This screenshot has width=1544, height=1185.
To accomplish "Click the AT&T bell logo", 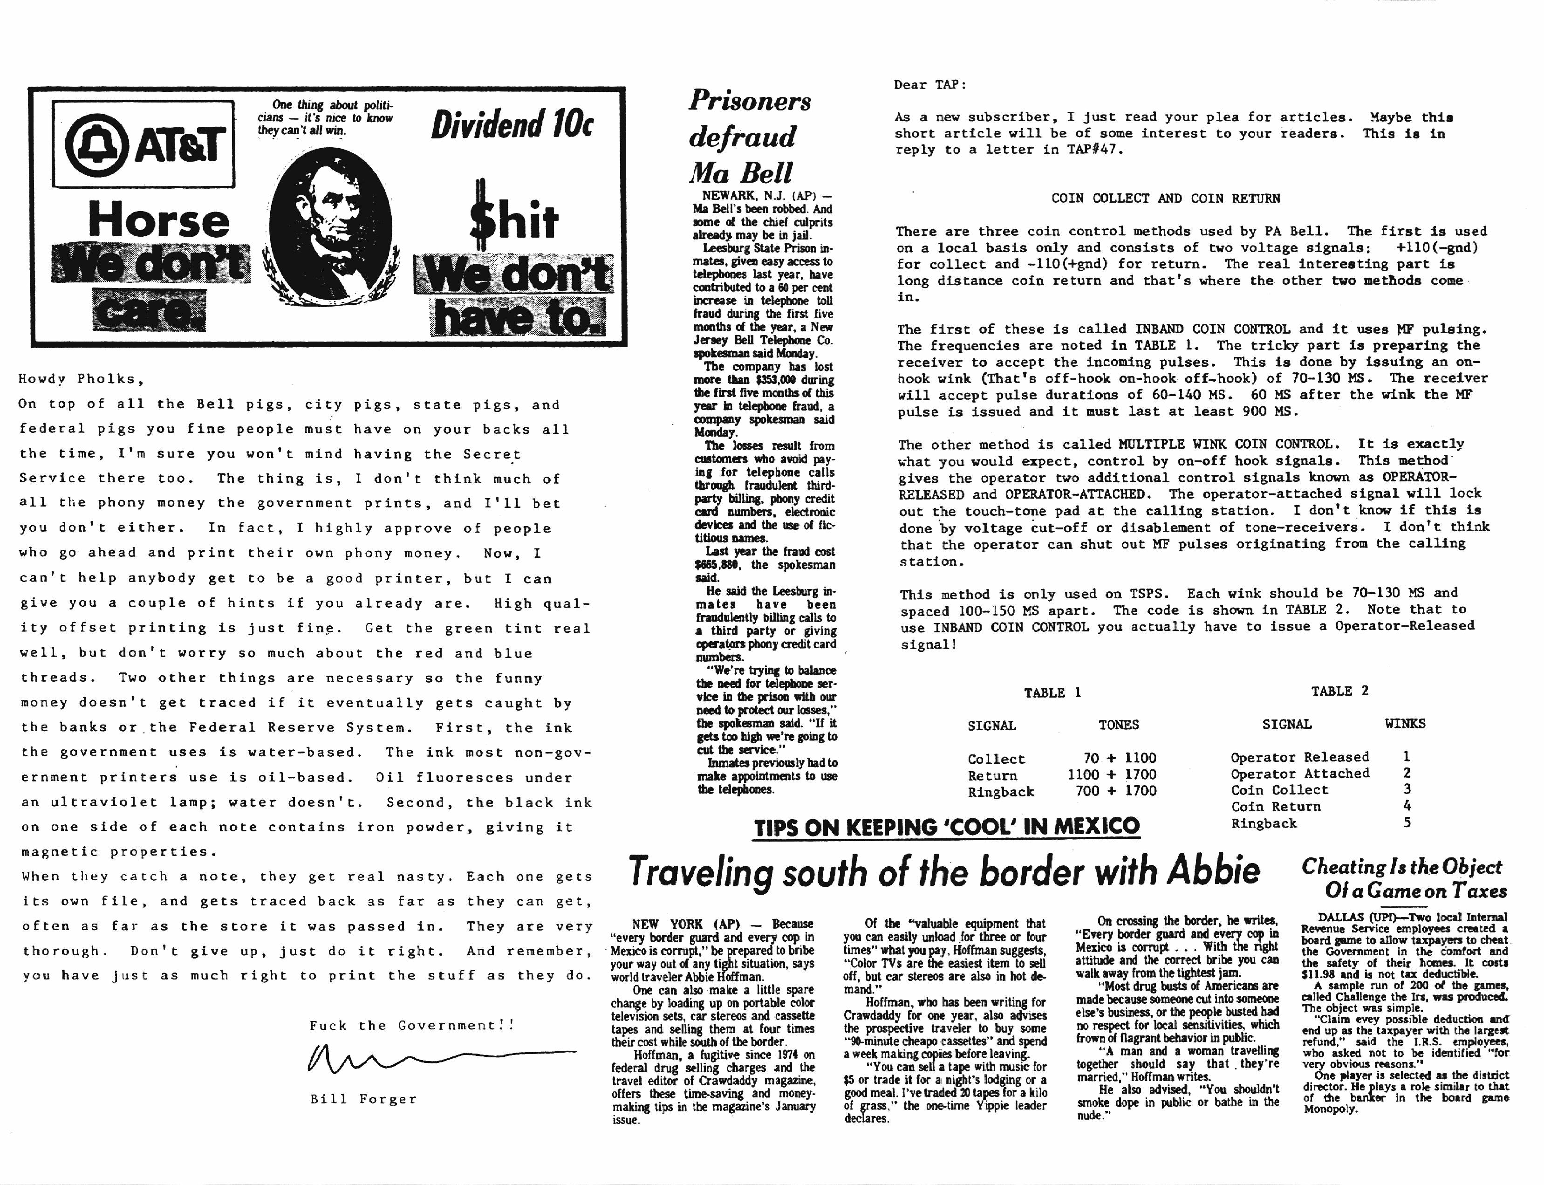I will coord(96,144).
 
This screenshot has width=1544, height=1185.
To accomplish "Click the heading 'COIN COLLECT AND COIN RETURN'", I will coord(1165,198).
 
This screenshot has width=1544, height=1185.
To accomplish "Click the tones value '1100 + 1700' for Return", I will coord(1112,774).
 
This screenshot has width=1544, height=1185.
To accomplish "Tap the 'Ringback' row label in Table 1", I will coord(1000,791).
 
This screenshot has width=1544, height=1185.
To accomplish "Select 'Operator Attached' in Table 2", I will coord(1300,773).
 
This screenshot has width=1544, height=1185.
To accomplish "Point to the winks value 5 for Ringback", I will coord(1407,822).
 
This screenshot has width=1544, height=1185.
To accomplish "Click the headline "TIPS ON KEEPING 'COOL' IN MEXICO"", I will coord(947,827).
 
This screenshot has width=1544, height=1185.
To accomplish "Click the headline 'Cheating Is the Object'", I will coord(1401,867).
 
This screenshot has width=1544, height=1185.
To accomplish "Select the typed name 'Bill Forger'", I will coord(363,1099).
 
